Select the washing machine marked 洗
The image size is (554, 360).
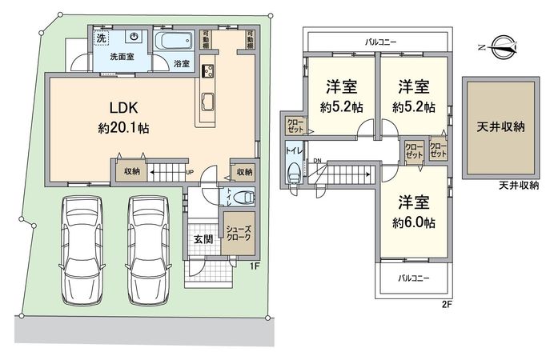[102, 38]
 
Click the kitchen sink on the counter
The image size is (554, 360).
[207, 101]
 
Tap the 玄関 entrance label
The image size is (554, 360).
[202, 238]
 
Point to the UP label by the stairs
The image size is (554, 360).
[189, 172]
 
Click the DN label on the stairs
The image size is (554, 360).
[316, 162]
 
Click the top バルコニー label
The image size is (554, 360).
[381, 39]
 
